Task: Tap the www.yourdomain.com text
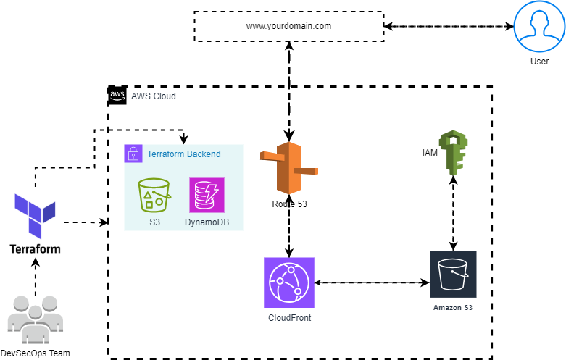[288, 26]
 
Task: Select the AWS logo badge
[117, 96]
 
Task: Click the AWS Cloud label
[153, 96]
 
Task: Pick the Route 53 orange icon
[289, 169]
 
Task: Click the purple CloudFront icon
[289, 282]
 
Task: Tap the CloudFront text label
[289, 317]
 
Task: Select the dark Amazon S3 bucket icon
[453, 275]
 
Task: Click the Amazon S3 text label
[453, 308]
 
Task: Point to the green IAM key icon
[454, 153]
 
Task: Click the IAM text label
[430, 153]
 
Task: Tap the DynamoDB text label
[207, 221]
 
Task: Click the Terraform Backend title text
[183, 154]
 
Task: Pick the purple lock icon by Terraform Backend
[133, 154]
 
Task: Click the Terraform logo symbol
[35, 215]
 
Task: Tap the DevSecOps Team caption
[35, 353]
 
